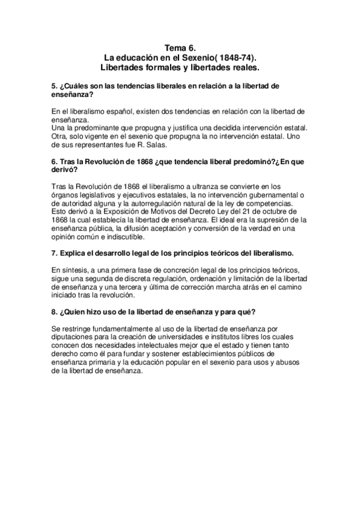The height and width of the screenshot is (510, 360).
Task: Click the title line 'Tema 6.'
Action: (x=180, y=46)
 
